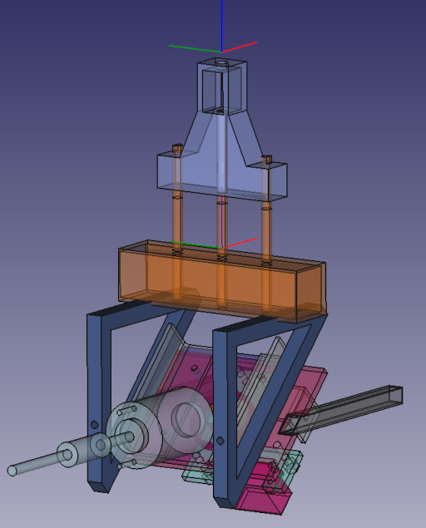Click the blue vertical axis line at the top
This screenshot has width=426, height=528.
click(x=222, y=21)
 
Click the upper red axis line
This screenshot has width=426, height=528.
click(x=243, y=45)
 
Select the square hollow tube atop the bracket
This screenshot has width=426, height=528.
click(x=222, y=87)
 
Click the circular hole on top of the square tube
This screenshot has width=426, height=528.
click(x=221, y=63)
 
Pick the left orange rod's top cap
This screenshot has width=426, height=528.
click(x=176, y=149)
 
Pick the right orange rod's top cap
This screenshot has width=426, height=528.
click(x=266, y=157)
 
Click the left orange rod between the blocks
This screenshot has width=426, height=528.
click(x=177, y=218)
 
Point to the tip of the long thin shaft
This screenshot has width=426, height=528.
click(x=12, y=471)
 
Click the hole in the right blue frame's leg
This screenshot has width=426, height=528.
click(x=220, y=440)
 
